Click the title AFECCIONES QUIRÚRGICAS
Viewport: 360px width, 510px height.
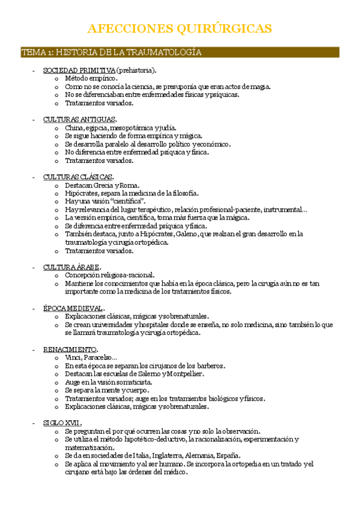180,28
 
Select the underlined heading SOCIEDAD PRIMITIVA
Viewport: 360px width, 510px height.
79,70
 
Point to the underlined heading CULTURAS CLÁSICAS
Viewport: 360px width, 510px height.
78,177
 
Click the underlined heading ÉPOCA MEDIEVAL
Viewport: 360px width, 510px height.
73,308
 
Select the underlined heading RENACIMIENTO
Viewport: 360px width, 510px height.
70,349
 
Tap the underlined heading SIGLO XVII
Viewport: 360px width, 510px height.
62,423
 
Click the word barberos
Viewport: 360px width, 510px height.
209,366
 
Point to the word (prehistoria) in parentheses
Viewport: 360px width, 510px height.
136,70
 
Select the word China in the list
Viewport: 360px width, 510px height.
75,127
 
